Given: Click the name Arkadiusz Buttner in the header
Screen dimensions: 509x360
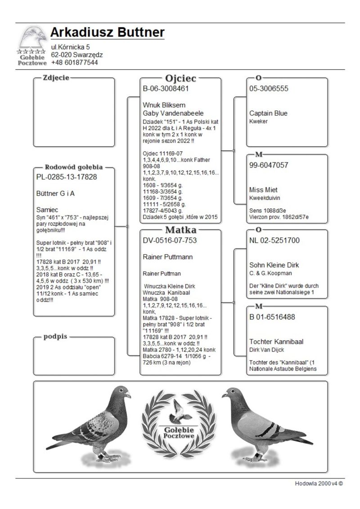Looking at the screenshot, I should pyautogui.click(x=107, y=32).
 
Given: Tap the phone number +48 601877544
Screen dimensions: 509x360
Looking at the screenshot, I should pyautogui.click(x=74, y=63).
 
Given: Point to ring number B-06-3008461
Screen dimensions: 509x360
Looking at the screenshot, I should pyautogui.click(x=166, y=89).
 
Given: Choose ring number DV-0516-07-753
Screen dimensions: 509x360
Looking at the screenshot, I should pyautogui.click(x=170, y=241).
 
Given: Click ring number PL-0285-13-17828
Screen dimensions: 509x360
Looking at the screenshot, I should pyautogui.click(x=67, y=177).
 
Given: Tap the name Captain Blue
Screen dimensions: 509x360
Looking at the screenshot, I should pyautogui.click(x=268, y=113).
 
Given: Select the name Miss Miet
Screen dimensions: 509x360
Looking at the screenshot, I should pyautogui.click(x=264, y=189).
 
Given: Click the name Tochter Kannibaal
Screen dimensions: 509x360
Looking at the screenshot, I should pyautogui.click(x=276, y=342).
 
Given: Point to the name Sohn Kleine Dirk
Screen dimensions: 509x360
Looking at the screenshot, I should pyautogui.click(x=274, y=265).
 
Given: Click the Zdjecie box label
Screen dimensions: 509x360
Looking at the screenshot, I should pyautogui.click(x=56, y=78).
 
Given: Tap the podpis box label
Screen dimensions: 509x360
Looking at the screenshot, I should pyautogui.click(x=55, y=337).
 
